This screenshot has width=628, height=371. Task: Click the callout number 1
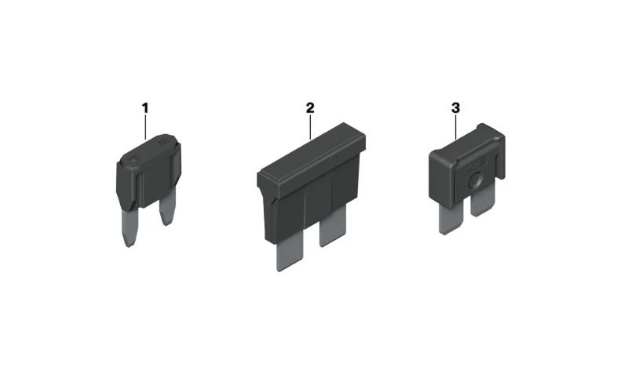[x=145, y=108]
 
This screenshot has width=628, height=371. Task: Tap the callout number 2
[x=310, y=108]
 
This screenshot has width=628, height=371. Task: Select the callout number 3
[x=456, y=108]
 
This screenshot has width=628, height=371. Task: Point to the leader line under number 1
[x=145, y=127]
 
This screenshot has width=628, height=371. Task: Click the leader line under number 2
[x=310, y=127]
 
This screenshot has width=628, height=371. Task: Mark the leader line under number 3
[x=456, y=127]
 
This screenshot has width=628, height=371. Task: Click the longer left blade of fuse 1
[x=128, y=227]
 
